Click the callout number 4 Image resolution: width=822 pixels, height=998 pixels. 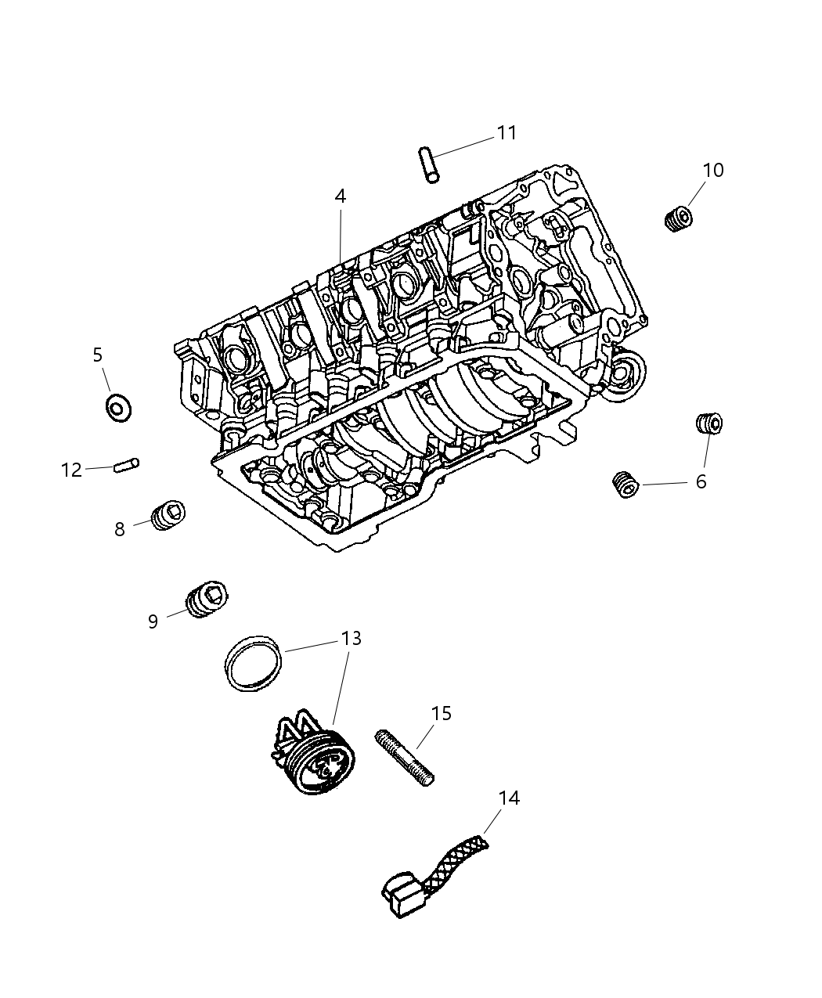tap(340, 196)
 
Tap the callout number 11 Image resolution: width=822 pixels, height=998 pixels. tap(507, 133)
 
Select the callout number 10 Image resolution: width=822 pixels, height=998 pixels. tap(712, 170)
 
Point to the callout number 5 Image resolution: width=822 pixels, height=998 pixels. tap(97, 355)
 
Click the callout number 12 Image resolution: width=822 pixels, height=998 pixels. tap(71, 470)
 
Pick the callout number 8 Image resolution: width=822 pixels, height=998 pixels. tap(119, 530)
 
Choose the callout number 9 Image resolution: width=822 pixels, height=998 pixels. tap(153, 621)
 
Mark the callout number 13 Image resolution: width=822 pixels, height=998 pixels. tap(352, 639)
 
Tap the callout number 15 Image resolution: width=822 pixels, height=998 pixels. tap(442, 713)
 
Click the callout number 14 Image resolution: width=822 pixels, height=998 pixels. tap(509, 798)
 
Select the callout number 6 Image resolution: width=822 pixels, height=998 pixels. tap(701, 482)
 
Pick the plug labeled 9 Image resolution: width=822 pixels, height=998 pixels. tap(207, 600)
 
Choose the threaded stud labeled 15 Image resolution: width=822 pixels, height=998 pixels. tap(405, 756)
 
